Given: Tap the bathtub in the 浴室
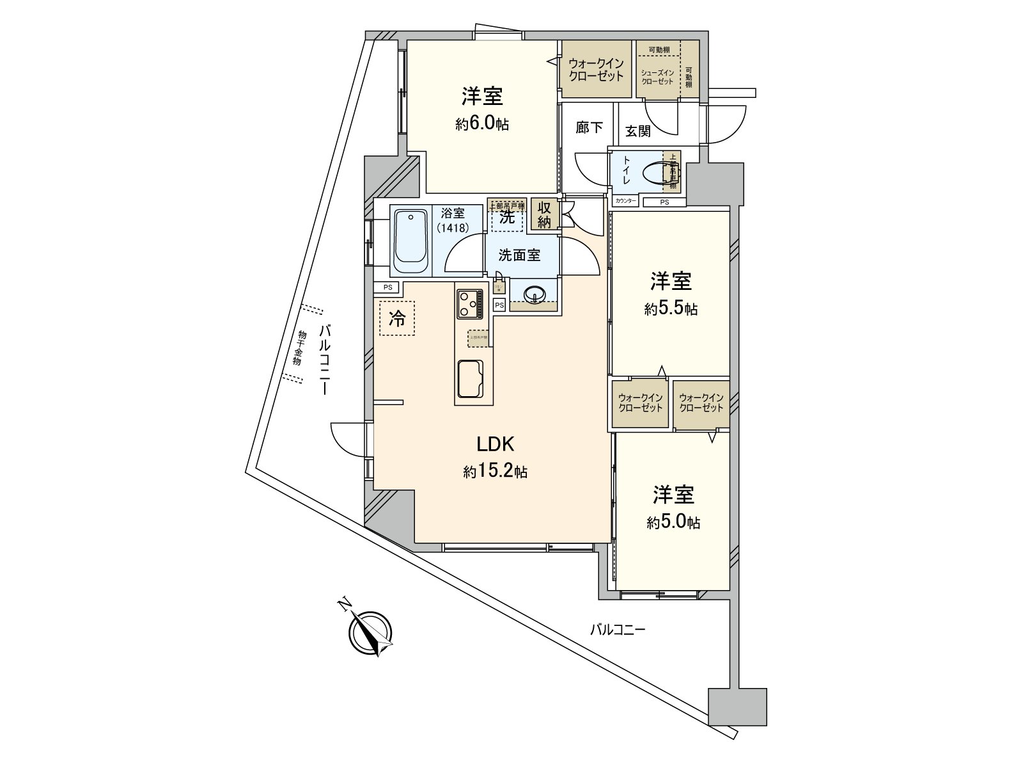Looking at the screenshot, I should pos(409,243).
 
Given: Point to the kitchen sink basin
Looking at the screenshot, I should pos(473,378).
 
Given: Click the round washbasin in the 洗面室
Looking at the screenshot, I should pos(534,294).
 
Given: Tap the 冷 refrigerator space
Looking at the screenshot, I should pos(397,319).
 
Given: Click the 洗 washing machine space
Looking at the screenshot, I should pos(506,217).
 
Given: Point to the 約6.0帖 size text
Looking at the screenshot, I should pos(482,124).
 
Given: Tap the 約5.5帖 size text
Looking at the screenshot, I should pos(671,309).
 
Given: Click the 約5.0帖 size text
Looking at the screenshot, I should pos(673,523).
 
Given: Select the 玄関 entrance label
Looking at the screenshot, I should pos(637,131).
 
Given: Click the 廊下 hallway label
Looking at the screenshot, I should pos(589,127).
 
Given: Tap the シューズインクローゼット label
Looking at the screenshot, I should pos(657,77).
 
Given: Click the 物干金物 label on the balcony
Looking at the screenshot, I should pos(297,348).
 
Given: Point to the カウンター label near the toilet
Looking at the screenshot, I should pos(625,201).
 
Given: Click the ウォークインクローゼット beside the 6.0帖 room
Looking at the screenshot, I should pos(596,69).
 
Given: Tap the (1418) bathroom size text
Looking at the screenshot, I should pos(453,227).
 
